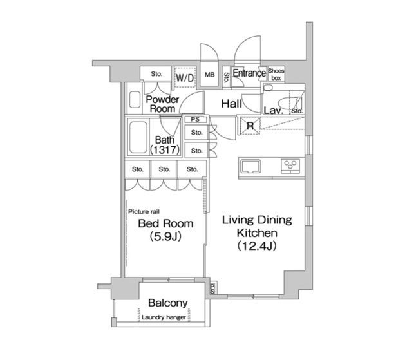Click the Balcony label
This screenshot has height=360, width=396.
[168, 303]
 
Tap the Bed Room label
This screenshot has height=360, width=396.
[165, 223]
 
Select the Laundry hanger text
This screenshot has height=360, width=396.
[164, 317]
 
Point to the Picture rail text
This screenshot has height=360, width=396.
[144, 212]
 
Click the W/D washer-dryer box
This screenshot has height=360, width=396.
[185, 77]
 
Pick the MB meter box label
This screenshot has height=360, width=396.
[210, 75]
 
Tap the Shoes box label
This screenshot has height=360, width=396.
[276, 74]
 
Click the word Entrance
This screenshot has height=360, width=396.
[249, 73]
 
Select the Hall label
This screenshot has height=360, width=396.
[231, 104]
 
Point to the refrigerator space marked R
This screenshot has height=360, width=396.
[250, 126]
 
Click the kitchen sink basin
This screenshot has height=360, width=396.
[250, 166]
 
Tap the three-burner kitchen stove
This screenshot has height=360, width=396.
[290, 166]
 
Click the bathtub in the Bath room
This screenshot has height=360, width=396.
[138, 137]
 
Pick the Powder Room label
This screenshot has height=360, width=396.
[162, 104]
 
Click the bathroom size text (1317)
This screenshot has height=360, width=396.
[165, 150]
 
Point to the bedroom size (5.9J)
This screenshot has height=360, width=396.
[165, 236]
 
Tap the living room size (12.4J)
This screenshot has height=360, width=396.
[256, 245]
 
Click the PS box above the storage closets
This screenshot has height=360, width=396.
[196, 119]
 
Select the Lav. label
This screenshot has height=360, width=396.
[274, 110]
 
